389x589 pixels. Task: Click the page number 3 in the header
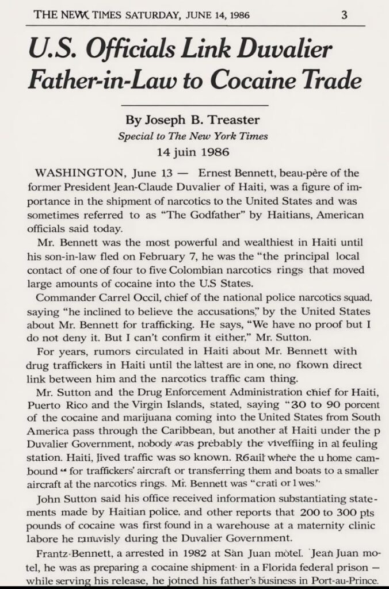[344, 15]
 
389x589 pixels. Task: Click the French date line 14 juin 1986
[193, 152]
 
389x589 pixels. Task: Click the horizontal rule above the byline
[194, 106]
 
